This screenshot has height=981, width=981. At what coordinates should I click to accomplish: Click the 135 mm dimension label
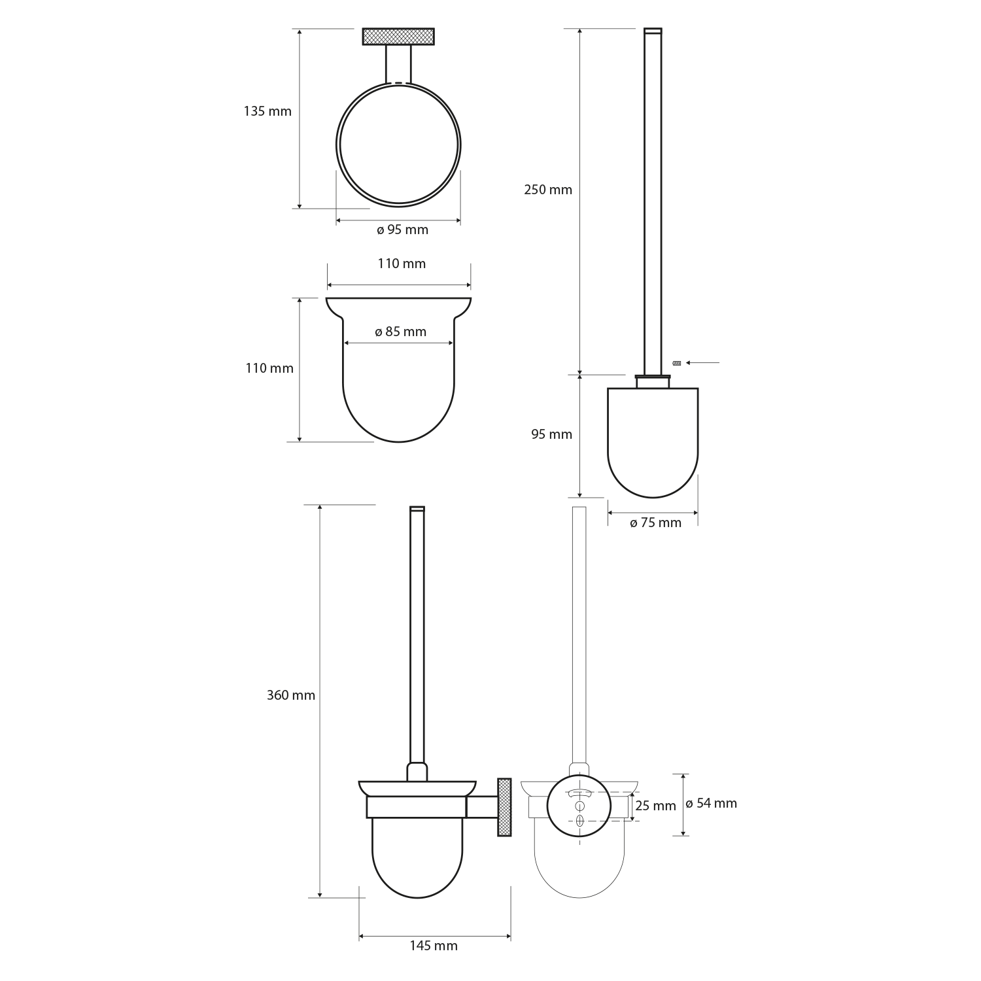pos(267,111)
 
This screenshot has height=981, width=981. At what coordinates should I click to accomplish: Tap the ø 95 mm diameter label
pos(402,230)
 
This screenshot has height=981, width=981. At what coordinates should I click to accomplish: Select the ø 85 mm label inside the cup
pos(400,332)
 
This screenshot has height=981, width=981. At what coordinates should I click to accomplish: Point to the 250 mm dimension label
pos(548,190)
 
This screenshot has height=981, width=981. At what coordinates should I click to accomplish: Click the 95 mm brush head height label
pos(551,434)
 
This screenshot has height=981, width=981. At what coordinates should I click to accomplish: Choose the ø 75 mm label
pos(655,523)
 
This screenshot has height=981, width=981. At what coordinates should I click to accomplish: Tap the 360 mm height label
pos(291,695)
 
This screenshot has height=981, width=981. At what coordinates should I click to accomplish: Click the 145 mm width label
pos(434,946)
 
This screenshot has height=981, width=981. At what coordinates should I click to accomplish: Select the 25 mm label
pos(655,806)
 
